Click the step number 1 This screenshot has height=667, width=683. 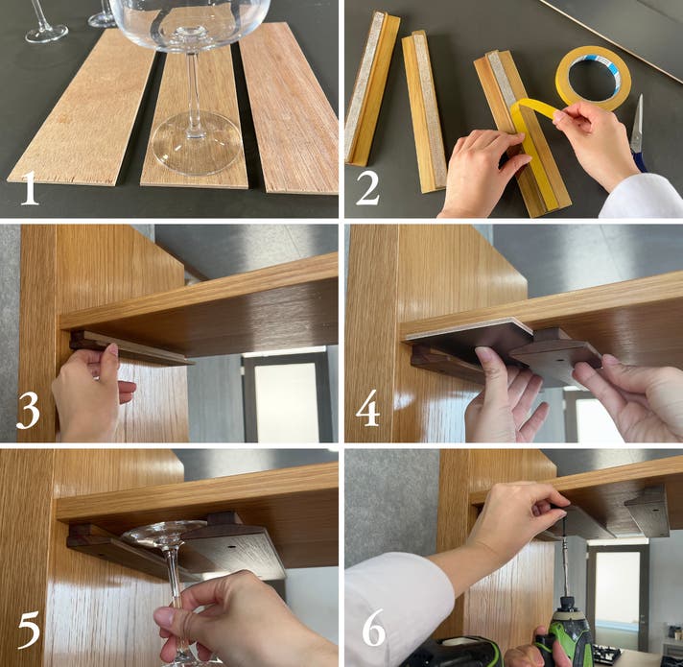coord(29,188)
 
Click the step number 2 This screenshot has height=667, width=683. coord(367,188)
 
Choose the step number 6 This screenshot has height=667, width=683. coord(374,628)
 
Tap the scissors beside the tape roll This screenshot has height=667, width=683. coord(638,131)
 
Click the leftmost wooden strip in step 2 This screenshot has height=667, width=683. coord(371,88)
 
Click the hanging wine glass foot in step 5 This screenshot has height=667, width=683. coord(166,534)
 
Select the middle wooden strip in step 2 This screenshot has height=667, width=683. coord(424,111)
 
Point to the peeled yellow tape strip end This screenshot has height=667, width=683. coord(553,112)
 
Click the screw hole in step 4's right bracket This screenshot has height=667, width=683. coord(557,361)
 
